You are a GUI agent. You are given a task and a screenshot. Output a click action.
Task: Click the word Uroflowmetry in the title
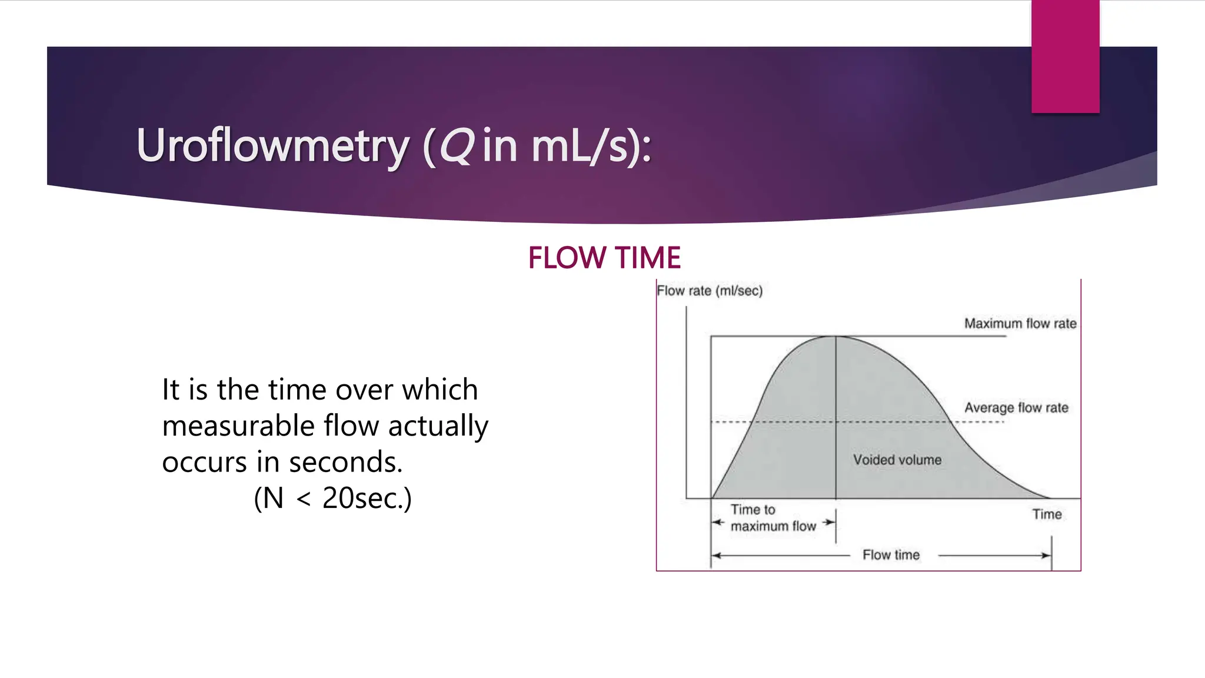click(272, 145)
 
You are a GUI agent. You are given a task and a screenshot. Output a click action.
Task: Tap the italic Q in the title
click(456, 145)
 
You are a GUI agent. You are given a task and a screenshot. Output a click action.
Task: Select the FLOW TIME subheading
click(604, 258)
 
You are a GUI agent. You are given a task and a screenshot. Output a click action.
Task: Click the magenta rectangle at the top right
click(1065, 56)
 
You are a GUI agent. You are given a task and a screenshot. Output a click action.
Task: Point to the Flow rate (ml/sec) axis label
click(710, 291)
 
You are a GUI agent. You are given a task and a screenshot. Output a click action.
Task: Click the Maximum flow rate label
click(1020, 323)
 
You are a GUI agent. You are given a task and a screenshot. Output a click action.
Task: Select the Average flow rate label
click(1016, 407)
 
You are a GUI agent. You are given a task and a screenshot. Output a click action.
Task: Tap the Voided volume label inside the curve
click(897, 460)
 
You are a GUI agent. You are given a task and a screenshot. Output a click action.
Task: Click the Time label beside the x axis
click(1047, 514)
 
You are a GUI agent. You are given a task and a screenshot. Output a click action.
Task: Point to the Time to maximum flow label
click(773, 518)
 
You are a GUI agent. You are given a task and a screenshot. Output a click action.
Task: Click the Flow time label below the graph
click(891, 554)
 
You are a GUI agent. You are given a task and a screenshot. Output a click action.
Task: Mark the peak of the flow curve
click(835, 337)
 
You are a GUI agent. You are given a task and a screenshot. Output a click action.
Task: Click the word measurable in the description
click(238, 426)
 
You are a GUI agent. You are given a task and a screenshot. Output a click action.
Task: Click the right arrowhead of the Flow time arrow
click(1047, 555)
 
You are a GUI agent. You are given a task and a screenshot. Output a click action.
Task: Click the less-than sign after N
click(304, 499)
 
